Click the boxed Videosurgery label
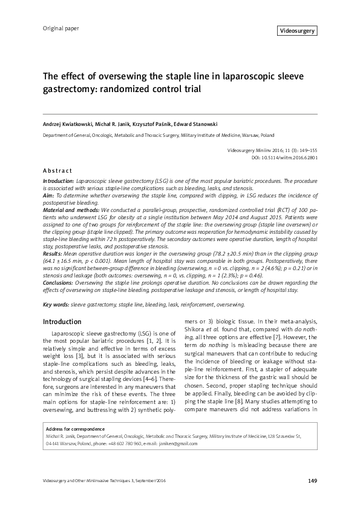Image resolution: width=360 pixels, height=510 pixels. coord(298,30)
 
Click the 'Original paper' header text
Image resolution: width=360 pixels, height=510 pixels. coord(61,28)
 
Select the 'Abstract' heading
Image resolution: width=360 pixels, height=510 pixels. coord(57,171)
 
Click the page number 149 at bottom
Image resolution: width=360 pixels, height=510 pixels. coord(312,481)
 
